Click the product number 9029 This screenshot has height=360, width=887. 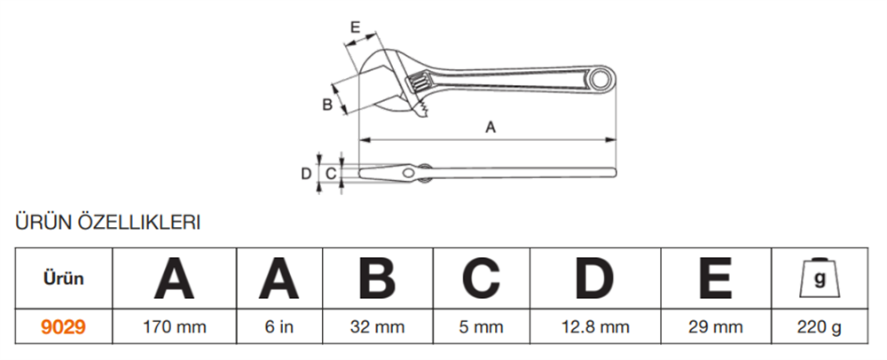click(63, 326)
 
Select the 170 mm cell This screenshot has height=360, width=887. click(174, 326)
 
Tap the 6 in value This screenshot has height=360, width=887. click(279, 326)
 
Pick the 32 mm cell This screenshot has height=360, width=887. click(377, 326)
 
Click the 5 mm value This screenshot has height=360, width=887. click(481, 326)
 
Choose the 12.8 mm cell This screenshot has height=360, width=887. click(595, 326)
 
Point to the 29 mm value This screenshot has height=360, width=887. click(716, 326)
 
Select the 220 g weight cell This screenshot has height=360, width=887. click(820, 326)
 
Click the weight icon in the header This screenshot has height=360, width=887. click(820, 278)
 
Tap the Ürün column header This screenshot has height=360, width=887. click(63, 278)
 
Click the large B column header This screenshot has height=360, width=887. click(377, 278)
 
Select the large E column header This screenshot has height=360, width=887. click(716, 278)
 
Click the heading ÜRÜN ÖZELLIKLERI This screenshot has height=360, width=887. click(107, 222)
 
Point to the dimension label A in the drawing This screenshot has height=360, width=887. click(491, 127)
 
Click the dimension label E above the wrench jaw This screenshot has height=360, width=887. click(355, 27)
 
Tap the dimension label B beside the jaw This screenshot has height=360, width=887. click(327, 105)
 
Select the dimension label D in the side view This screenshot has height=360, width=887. click(306, 174)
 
